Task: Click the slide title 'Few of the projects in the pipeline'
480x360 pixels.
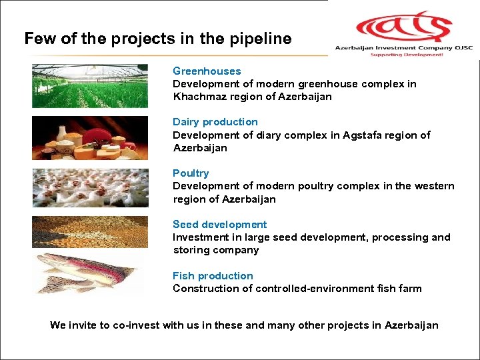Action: (158, 39)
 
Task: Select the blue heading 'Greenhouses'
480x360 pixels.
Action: (207, 71)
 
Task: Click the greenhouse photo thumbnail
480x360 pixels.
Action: (90, 86)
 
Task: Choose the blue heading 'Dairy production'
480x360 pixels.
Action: (215, 122)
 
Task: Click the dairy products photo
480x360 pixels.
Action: (90, 138)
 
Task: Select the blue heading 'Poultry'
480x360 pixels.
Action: (191, 173)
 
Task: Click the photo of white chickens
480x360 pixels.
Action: (90, 188)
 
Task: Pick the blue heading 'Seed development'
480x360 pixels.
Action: (219, 225)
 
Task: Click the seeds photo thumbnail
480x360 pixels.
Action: (90, 232)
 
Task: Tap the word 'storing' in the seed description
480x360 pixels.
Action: (192, 250)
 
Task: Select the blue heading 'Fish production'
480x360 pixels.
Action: (213, 276)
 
